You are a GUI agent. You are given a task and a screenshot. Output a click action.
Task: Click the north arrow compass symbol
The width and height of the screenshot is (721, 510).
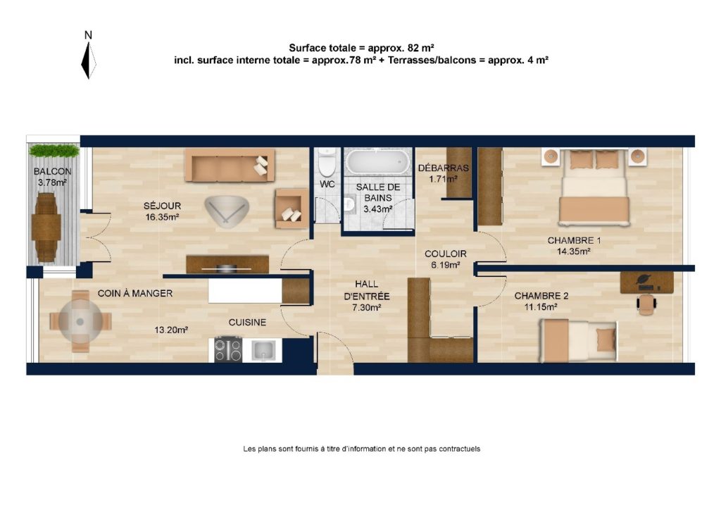pyautogui.click(x=88, y=61)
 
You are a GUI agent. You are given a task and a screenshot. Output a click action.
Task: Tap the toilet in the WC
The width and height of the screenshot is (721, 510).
pyautogui.click(x=327, y=162)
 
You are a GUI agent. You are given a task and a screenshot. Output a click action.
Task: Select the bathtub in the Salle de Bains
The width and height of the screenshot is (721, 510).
pyautogui.click(x=377, y=162)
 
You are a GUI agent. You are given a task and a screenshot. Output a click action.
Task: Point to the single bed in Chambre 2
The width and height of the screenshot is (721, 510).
pyautogui.click(x=578, y=341)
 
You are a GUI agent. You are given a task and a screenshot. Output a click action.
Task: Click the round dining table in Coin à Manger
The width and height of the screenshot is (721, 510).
pyautogui.click(x=80, y=321)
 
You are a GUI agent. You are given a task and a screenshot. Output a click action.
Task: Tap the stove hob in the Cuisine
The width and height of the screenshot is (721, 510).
pyautogui.click(x=228, y=350)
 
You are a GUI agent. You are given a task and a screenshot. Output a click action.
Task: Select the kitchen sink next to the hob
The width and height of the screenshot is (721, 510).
pyautogui.click(x=263, y=350)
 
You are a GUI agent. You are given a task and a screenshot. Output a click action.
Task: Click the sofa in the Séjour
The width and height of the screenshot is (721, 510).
pyautogui.click(x=230, y=165)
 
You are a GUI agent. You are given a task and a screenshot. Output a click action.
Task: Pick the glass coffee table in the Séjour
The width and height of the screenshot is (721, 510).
pyautogui.click(x=227, y=211)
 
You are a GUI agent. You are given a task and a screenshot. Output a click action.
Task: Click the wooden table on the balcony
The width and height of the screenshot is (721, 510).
pyautogui.click(x=46, y=228)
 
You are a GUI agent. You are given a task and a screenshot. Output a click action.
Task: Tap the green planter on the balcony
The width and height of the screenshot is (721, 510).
pyautogui.click(x=54, y=150)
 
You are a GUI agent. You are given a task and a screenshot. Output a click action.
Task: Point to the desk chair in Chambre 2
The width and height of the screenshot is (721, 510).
pyautogui.click(x=646, y=304)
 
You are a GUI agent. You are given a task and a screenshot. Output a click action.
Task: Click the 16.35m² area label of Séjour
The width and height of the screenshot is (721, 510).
pyautogui.click(x=162, y=217)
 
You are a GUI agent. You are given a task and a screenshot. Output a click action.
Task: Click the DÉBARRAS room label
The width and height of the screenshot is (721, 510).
pyautogui.click(x=444, y=168)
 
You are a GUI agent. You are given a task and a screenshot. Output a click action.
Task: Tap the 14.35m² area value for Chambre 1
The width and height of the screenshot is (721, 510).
pyautogui.click(x=574, y=251)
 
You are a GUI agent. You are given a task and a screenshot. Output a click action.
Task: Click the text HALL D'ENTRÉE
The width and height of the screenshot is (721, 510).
pyautogui.click(x=366, y=290)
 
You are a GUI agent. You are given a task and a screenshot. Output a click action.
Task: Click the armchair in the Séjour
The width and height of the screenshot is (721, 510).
pyautogui.click(x=291, y=209)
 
